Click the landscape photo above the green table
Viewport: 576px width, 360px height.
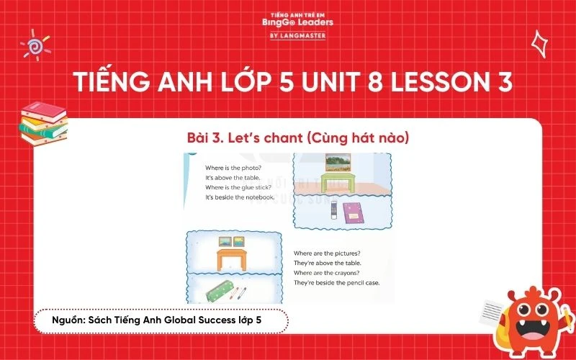click(x=333, y=162)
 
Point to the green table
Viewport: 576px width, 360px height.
click(x=334, y=181)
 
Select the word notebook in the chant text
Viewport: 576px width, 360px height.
click(x=258, y=197)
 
